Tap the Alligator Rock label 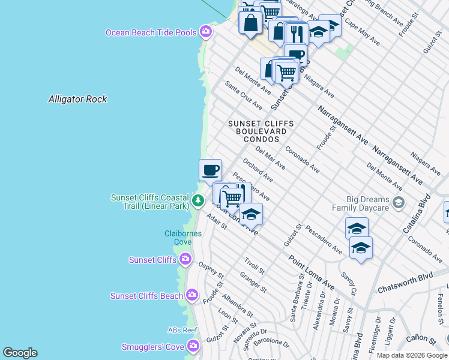point(77,99)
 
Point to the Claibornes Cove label point(178,237)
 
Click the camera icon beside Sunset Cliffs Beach point(192,295)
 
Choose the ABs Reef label point(182,330)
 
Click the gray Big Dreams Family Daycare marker point(397,203)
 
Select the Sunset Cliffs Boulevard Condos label point(261,131)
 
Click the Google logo point(20,353)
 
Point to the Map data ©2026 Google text point(412,355)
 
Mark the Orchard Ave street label point(258,170)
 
